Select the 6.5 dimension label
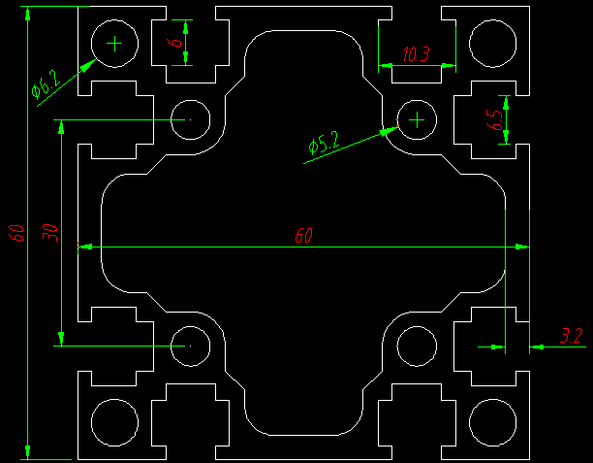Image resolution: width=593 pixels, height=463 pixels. (496, 120)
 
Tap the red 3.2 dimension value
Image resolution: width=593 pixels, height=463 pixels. (571, 337)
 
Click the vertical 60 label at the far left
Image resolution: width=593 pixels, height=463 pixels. (16, 232)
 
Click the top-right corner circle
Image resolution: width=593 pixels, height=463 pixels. (492, 43)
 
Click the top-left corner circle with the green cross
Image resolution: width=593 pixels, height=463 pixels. (115, 43)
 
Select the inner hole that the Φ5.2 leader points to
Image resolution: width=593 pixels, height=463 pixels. (417, 119)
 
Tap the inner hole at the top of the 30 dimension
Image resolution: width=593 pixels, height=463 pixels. (191, 119)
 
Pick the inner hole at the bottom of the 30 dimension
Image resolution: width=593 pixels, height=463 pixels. (191, 346)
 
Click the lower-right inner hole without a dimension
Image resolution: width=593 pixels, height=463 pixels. (417, 347)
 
